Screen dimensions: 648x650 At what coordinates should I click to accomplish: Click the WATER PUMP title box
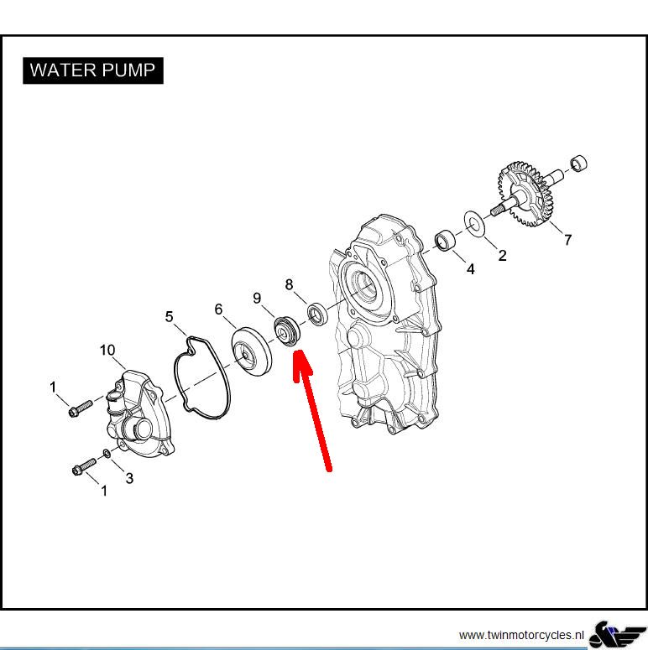click(93, 70)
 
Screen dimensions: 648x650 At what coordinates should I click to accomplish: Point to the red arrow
click(313, 411)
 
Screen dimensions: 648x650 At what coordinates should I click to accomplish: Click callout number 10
click(107, 351)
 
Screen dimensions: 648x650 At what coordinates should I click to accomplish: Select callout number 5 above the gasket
click(169, 317)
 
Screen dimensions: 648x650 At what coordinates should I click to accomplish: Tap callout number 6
click(218, 309)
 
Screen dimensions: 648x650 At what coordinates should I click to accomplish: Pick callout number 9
click(257, 298)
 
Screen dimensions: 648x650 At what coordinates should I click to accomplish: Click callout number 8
click(289, 284)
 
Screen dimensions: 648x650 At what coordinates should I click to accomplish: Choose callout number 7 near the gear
click(568, 240)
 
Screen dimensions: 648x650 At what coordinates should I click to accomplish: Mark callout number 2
click(503, 255)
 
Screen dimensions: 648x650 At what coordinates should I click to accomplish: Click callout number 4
click(470, 269)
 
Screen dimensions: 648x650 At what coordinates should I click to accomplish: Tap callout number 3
click(129, 478)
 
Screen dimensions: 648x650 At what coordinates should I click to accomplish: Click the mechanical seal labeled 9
click(287, 330)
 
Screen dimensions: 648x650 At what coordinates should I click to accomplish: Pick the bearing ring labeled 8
click(318, 315)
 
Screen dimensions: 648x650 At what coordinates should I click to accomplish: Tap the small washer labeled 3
click(107, 454)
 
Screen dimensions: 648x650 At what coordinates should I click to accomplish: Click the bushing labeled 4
click(445, 240)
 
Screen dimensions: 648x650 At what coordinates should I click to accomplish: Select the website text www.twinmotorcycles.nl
click(521, 635)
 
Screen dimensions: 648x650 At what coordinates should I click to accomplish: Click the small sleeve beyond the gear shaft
click(578, 163)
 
